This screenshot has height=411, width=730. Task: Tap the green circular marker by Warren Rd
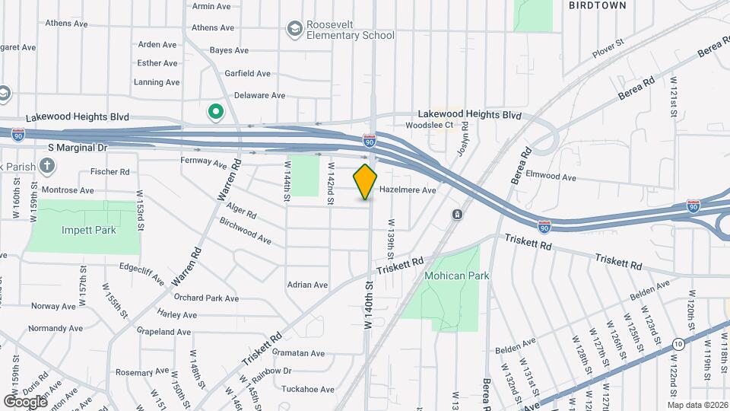pyautogui.click(x=215, y=113)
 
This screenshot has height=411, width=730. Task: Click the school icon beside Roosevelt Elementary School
pyautogui.click(x=294, y=29)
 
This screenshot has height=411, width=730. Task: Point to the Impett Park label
pyautogui.click(x=84, y=230)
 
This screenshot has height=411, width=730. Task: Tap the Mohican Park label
pyautogui.click(x=456, y=276)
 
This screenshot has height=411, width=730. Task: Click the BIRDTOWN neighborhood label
pyautogui.click(x=598, y=5)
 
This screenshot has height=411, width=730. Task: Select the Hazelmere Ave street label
pyautogui.click(x=407, y=190)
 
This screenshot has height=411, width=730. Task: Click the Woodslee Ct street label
pyautogui.click(x=429, y=125)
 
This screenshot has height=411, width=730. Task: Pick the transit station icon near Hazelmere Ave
pyautogui.click(x=457, y=215)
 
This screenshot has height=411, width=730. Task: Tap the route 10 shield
pyautogui.click(x=678, y=344)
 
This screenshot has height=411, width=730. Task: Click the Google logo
pyautogui.click(x=25, y=401)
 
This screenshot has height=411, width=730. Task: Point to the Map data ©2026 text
pyautogui.click(x=697, y=405)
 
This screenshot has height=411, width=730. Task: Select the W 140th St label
pyautogui.click(x=368, y=304)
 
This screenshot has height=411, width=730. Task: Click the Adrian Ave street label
pyautogui.click(x=307, y=285)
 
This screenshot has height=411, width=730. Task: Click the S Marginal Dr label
pyautogui.click(x=78, y=147)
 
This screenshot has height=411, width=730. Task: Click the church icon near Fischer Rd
pyautogui.click(x=47, y=165)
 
